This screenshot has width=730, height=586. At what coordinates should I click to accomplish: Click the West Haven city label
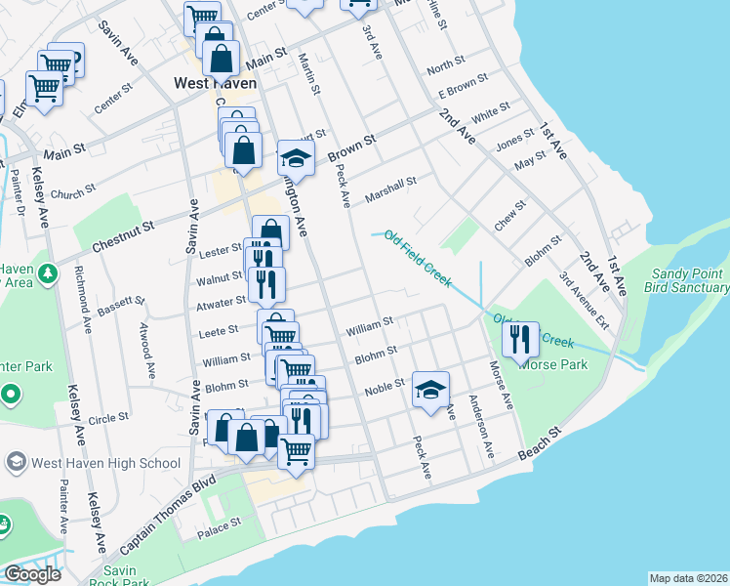[x=214, y=84]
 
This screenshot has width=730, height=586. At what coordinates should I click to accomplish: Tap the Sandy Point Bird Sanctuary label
[x=686, y=281]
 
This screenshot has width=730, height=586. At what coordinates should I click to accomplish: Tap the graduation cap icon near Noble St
[x=430, y=390]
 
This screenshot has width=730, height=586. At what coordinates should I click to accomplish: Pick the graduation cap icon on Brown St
[x=296, y=158]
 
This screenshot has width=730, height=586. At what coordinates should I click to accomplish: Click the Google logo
[x=32, y=573]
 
